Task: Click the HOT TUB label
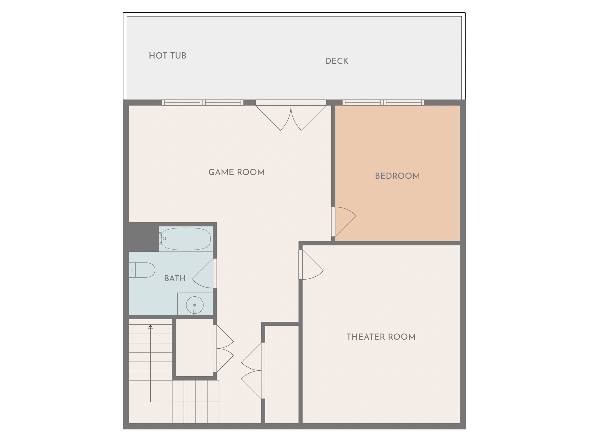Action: (x=168, y=56)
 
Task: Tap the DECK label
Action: (x=337, y=61)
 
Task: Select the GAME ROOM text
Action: (x=236, y=172)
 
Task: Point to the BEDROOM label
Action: (x=397, y=176)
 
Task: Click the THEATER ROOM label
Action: (x=381, y=337)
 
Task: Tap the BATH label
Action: (x=175, y=278)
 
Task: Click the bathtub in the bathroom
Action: (x=186, y=239)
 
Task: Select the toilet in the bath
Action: (x=142, y=270)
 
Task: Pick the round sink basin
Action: (x=195, y=305)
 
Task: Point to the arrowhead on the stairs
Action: (x=150, y=327)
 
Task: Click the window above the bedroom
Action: (x=383, y=103)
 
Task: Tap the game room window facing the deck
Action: (x=203, y=103)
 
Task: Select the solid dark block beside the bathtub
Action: (x=141, y=237)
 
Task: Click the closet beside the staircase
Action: (x=194, y=347)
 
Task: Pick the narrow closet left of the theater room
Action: (x=282, y=374)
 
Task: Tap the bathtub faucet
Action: (x=163, y=238)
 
